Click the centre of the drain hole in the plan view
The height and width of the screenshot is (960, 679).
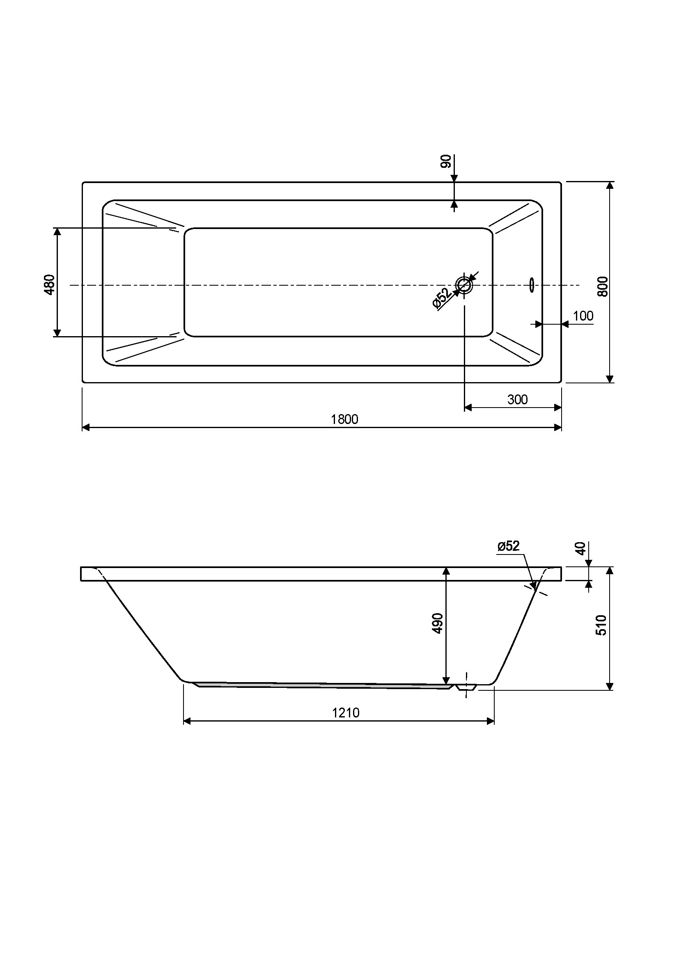[x=465, y=285]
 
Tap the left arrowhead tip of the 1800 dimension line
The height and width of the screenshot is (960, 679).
[x=83, y=427]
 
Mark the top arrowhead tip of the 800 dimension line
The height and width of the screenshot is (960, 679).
[x=610, y=182]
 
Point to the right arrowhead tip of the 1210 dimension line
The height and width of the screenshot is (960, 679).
[x=494, y=721]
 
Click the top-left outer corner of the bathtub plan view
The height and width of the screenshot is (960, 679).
[x=83, y=182]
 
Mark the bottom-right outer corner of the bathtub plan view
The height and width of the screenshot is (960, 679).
[x=561, y=383]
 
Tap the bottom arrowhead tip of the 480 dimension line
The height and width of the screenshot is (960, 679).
[x=57, y=337]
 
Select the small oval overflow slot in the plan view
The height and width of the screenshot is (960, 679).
[x=531, y=285]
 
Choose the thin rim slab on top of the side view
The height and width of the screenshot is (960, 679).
[x=321, y=574]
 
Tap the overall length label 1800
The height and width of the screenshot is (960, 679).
[x=344, y=419]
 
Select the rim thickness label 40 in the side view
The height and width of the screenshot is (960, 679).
[x=580, y=548]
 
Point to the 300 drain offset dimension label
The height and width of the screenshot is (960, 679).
[x=517, y=400]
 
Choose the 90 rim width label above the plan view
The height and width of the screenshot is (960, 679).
[x=446, y=161]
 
